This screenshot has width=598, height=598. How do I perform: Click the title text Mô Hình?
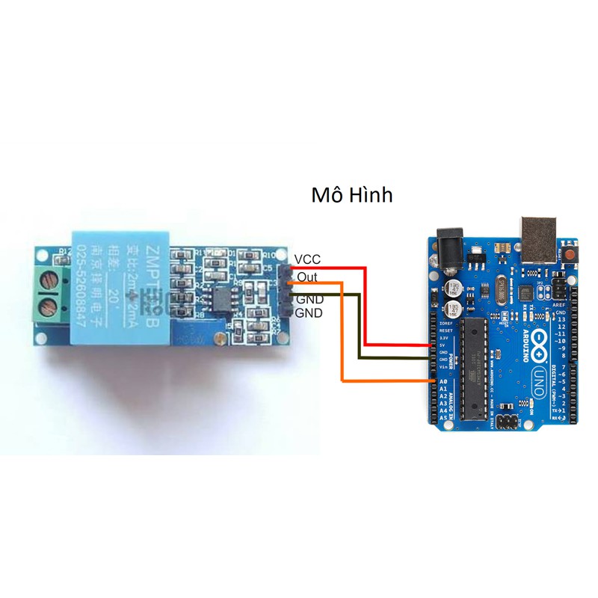click(351, 195)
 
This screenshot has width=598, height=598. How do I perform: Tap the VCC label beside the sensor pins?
click(307, 259)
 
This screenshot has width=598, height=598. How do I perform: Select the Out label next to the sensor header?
click(306, 277)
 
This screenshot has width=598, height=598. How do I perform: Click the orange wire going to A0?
click(342, 336)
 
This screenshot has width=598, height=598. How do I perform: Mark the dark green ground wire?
click(359, 329)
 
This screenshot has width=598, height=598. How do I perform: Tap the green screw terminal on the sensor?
click(48, 293)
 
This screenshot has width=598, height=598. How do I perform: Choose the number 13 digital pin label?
click(562, 321)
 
